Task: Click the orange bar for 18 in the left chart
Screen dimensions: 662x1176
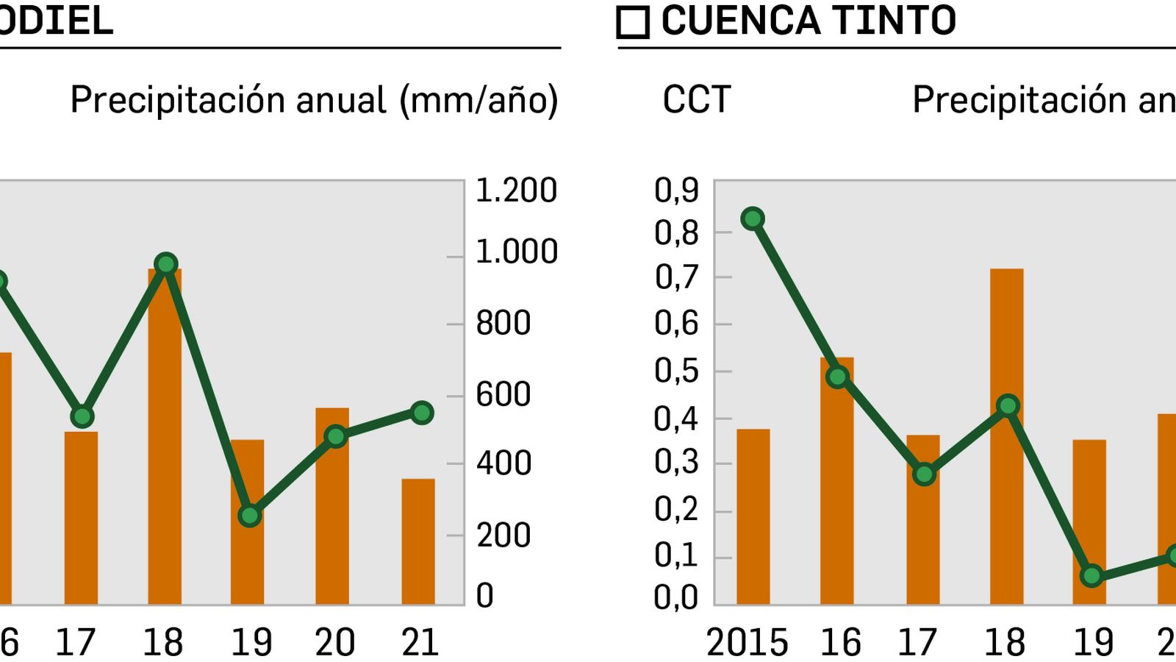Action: click(x=165, y=441)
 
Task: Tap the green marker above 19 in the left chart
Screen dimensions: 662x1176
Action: click(x=250, y=516)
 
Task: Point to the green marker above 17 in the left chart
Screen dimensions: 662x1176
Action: click(x=82, y=417)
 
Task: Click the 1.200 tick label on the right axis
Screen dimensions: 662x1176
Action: click(x=516, y=191)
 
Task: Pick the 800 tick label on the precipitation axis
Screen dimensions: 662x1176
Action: click(x=503, y=324)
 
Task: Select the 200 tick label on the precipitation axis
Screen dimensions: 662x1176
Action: click(x=503, y=535)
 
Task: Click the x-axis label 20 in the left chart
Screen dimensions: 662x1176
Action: click(x=335, y=642)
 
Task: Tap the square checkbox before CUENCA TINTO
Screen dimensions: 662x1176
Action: click(x=633, y=22)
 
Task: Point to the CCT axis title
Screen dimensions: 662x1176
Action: click(x=696, y=99)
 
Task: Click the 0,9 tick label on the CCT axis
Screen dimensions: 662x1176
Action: click(x=676, y=191)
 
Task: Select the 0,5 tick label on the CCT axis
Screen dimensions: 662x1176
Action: click(x=676, y=371)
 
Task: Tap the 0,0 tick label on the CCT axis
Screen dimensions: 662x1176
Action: click(x=676, y=597)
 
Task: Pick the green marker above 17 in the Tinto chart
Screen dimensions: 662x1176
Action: click(x=925, y=474)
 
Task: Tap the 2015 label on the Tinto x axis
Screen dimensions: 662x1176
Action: click(x=747, y=642)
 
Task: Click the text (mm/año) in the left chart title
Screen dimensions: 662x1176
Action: click(x=478, y=101)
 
